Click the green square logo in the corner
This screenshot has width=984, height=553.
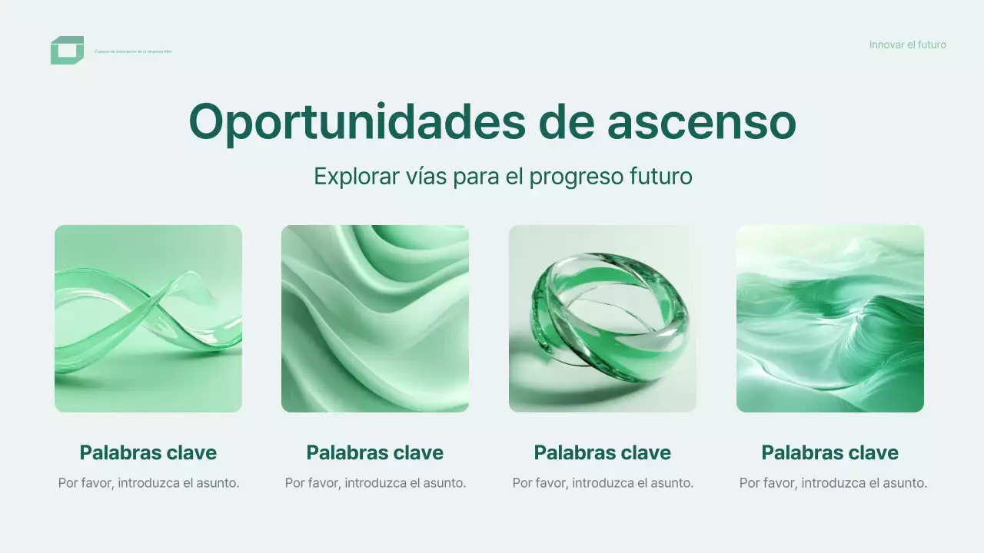[x=67, y=50]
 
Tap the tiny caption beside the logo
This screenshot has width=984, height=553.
[x=133, y=51]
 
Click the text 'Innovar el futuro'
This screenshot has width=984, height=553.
[x=907, y=45]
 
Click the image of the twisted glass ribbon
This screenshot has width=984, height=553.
[x=148, y=319]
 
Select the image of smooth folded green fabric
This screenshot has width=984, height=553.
[x=375, y=319]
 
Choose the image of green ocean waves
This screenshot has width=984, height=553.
[x=830, y=319]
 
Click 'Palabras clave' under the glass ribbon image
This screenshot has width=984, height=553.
[x=148, y=452]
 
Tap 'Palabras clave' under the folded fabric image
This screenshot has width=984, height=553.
[x=375, y=452]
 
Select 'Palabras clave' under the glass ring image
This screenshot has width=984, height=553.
[x=603, y=452]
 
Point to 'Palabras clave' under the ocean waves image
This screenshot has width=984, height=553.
[x=830, y=452]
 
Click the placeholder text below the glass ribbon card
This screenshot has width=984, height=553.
[x=148, y=483]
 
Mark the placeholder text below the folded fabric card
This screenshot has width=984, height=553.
[x=375, y=483]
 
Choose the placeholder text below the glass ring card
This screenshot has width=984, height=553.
[x=603, y=483]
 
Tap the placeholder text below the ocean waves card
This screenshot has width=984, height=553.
[x=833, y=483]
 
